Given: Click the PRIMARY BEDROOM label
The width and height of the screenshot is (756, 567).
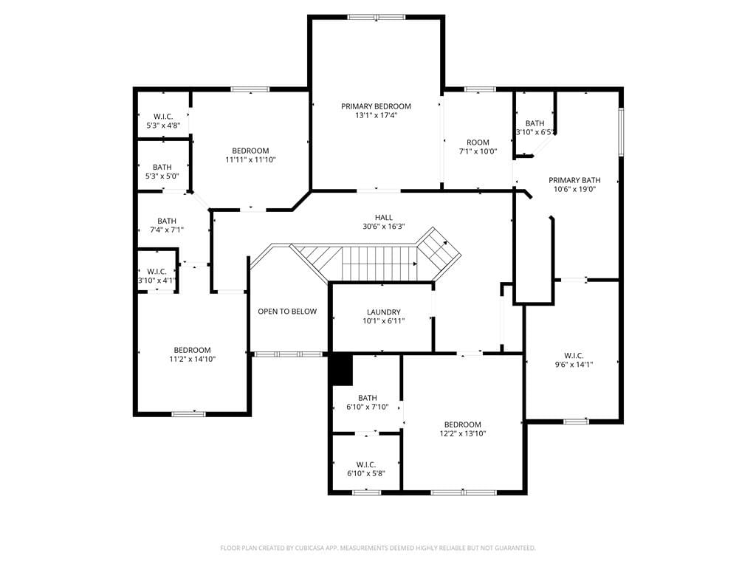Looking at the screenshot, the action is pyautogui.click(x=376, y=106).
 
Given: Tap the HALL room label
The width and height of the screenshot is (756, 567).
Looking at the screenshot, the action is pyautogui.click(x=384, y=218).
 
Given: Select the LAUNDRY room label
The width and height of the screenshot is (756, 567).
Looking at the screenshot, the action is pyautogui.click(x=384, y=312).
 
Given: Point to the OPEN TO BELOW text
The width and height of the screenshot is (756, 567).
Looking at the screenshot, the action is pyautogui.click(x=287, y=312).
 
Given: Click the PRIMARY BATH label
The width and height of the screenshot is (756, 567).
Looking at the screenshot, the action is pyautogui.click(x=574, y=180).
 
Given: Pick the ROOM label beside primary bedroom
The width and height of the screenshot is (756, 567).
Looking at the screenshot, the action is pyautogui.click(x=478, y=142).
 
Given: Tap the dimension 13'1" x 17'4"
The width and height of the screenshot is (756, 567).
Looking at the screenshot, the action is pyautogui.click(x=376, y=115).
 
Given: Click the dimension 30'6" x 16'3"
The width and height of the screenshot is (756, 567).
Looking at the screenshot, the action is pyautogui.click(x=384, y=226).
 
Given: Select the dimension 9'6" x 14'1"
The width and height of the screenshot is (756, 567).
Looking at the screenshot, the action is pyautogui.click(x=574, y=365).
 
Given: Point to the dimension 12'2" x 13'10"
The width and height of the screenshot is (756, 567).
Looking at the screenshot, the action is pyautogui.click(x=463, y=433).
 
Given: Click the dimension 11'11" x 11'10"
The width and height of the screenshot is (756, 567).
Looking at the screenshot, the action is pyautogui.click(x=251, y=159).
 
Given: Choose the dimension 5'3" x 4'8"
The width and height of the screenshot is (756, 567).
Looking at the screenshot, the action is pyautogui.click(x=163, y=126).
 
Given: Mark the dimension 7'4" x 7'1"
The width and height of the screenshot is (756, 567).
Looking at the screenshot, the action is pyautogui.click(x=167, y=230).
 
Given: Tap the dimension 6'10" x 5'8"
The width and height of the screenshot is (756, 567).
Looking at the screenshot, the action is pyautogui.click(x=366, y=473).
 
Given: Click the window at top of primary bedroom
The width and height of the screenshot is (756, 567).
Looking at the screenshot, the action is pyautogui.click(x=377, y=17).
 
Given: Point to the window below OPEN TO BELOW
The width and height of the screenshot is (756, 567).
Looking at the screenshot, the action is pyautogui.click(x=288, y=354).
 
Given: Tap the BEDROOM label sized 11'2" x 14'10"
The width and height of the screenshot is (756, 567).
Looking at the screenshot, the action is pyautogui.click(x=193, y=350).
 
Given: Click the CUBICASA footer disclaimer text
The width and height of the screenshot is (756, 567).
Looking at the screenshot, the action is pyautogui.click(x=378, y=548).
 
